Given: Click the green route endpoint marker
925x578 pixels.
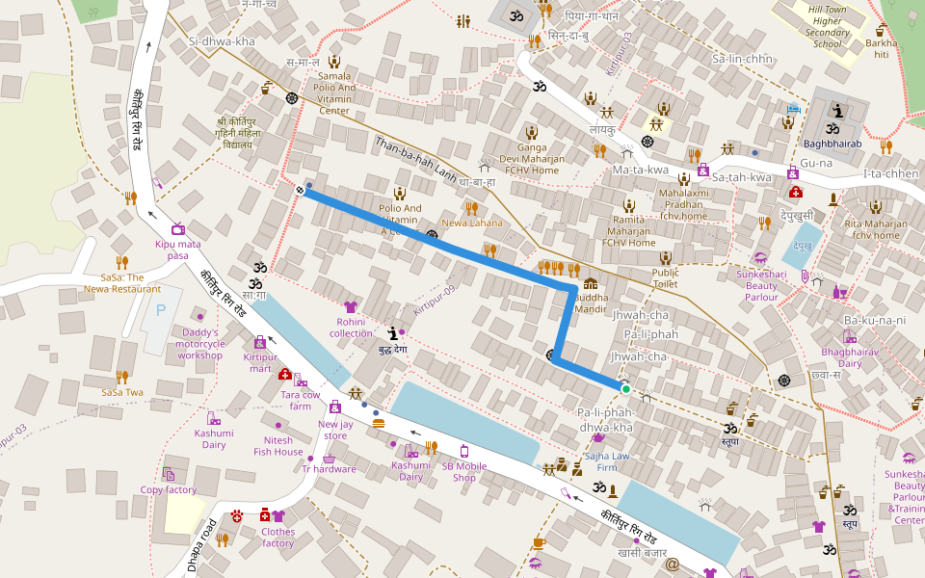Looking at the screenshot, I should coord(625,389).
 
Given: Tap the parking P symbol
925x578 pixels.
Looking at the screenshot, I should coord(161,310).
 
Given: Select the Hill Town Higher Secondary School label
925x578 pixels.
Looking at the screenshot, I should coord(827,25).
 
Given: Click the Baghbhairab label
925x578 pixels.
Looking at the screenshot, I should coord(832,145).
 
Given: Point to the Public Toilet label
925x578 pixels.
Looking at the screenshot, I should coord(665,277).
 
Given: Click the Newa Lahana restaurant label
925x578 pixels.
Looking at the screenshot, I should coord(472,223).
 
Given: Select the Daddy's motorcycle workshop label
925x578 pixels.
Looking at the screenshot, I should coord(200,344).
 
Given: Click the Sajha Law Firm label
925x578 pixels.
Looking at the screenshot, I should coord(607,461).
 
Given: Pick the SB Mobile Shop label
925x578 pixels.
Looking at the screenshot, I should coord(465,471).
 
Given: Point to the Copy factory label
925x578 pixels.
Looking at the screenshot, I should coord(168,489).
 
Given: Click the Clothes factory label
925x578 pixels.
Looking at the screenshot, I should coord(277,538).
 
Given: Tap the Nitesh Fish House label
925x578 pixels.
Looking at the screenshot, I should coord(278,446).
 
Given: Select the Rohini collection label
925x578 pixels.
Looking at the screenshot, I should coord(351,327).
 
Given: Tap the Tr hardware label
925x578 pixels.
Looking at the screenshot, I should coord(329,469).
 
